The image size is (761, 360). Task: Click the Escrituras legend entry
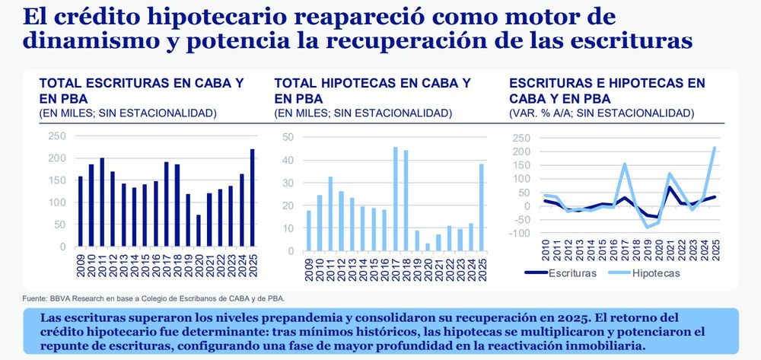561,272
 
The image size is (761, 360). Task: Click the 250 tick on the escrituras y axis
57,136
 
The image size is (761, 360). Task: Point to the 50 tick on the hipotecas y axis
288,137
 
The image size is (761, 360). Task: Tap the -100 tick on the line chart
523,233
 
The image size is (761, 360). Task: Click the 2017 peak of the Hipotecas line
624,164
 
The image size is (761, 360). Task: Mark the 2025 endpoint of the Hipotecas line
715,148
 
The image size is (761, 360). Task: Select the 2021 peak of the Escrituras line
670,187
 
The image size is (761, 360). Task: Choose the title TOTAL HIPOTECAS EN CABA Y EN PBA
371,91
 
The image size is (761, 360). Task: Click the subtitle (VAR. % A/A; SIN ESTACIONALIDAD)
601,113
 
